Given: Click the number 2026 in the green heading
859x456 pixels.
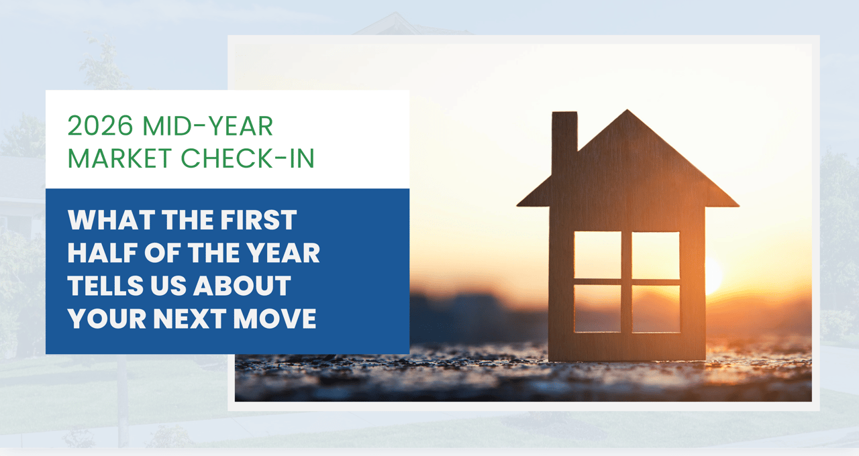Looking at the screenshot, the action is coord(101,125).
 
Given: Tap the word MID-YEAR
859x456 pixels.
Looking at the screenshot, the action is coord(208,125).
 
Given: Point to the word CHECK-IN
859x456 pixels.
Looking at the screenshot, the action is coord(248,158).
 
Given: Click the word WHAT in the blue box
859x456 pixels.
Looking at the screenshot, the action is coord(111,220).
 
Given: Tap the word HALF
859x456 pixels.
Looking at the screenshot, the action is coord(103,253).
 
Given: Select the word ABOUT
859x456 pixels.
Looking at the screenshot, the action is coord(242,286).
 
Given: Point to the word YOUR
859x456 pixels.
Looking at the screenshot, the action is coord(107,319).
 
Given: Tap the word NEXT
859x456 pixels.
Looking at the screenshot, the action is coord(189,319).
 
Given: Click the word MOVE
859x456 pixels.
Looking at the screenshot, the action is coord(274,319).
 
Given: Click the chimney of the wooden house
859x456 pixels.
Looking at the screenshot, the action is coord(564,141).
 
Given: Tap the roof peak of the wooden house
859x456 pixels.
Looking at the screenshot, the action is coord(627,111).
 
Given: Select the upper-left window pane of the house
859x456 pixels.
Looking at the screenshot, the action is coord(597,255).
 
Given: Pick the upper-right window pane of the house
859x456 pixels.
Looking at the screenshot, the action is coord(656,255).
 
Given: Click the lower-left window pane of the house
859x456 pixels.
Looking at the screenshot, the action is coord(597,308).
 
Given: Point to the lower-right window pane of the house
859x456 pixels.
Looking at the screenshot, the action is coord(656,309).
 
